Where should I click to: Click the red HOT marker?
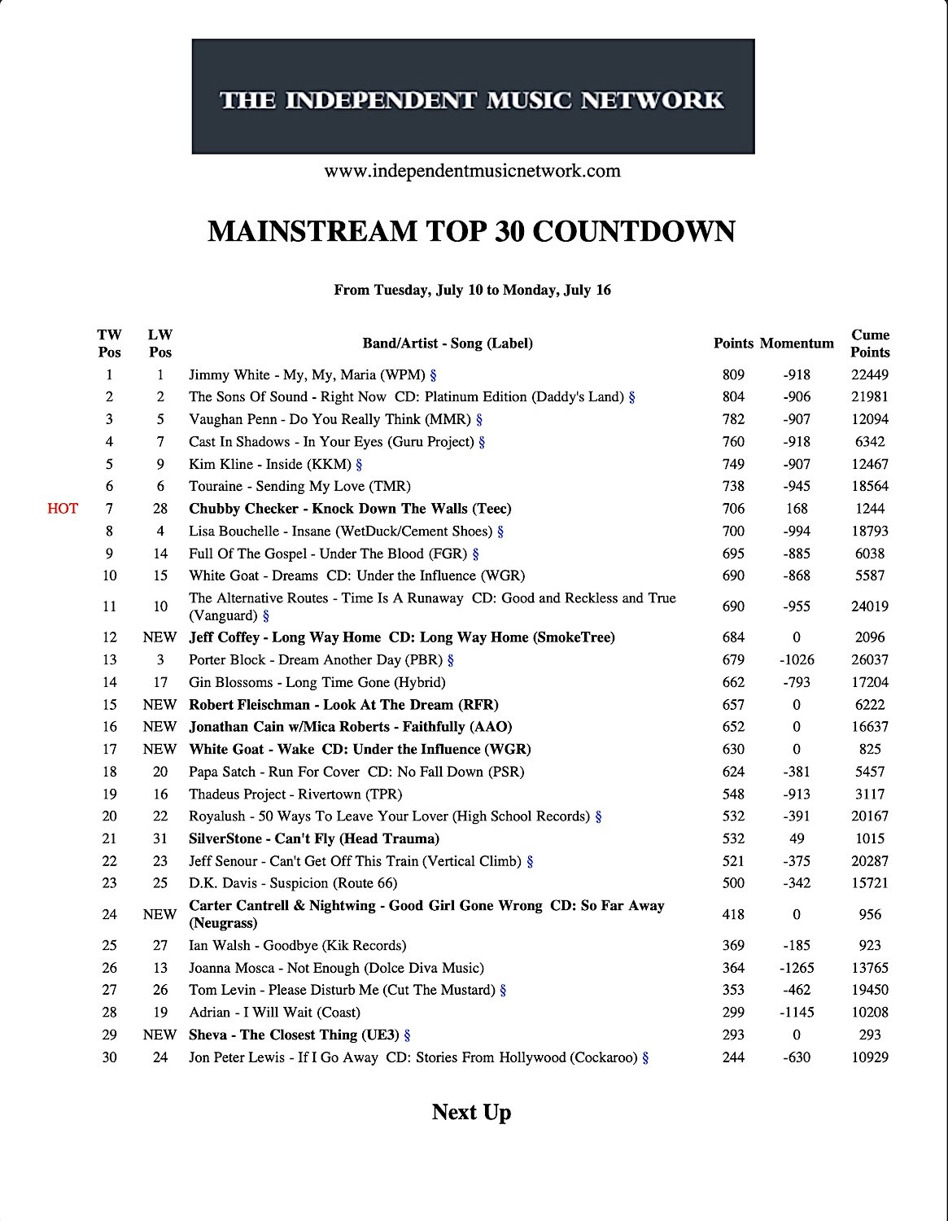63,509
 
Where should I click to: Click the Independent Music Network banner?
473,96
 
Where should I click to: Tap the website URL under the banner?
472,171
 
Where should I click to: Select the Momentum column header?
797,344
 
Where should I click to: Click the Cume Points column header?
870,344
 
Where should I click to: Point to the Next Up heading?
471,1112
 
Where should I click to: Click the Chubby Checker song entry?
350,509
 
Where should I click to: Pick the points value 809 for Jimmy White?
733,375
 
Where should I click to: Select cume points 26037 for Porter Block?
870,660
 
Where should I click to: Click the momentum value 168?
797,509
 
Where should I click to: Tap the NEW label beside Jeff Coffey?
159,637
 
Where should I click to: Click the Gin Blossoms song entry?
317,682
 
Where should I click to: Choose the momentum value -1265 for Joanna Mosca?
797,968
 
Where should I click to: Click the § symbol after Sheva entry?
408,1035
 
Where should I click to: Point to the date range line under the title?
472,290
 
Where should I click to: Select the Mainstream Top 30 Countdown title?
472,232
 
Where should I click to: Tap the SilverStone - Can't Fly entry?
314,838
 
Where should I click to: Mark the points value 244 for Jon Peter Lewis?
733,1058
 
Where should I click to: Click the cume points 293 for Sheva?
870,1035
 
